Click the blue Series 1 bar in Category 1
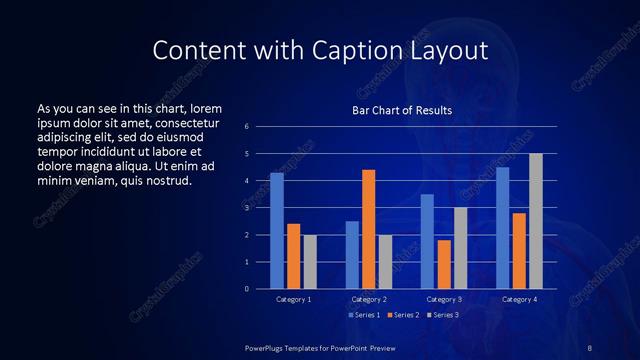pos(277,231)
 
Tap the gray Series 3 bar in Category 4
pos(536,221)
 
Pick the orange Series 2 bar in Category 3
pos(444,264)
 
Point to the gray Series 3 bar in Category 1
pos(310,262)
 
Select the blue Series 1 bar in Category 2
pos(352,255)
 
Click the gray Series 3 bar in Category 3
pos(461,248)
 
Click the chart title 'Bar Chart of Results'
pos(402,110)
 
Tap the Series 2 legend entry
pos(404,315)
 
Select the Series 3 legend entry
pos(444,315)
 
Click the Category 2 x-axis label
pos(369,299)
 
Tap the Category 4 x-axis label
pos(519,299)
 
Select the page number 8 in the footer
pos(590,347)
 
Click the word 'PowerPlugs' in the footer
pos(267,347)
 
